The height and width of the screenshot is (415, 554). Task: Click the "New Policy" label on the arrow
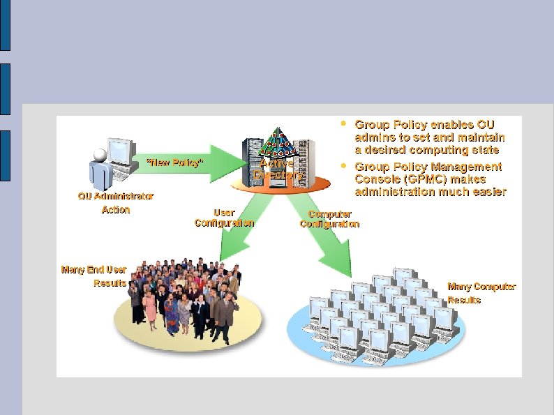(174, 163)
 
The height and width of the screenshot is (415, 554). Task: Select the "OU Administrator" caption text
(116, 196)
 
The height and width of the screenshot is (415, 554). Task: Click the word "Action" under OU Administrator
(116, 209)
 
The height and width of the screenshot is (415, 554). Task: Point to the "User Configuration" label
(224, 218)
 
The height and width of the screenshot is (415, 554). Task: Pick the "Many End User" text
(93, 269)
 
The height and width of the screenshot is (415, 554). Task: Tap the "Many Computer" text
(481, 286)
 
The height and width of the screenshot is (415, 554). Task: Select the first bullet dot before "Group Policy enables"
(343, 124)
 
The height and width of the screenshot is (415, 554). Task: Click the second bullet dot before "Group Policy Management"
(343, 167)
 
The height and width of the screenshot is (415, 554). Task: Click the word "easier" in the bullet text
(486, 192)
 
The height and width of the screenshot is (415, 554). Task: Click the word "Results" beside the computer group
(464, 300)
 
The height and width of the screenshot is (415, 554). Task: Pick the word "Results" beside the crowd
(110, 283)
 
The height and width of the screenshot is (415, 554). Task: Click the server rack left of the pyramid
(251, 158)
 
